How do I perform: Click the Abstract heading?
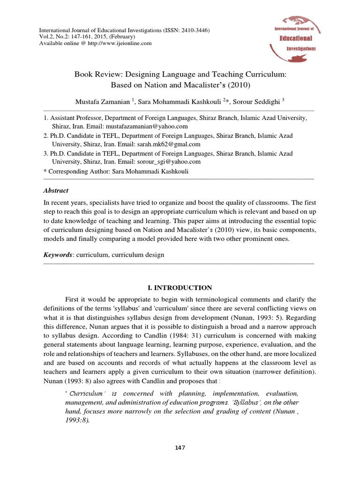pyautogui.click(x=56, y=191)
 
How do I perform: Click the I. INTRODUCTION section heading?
pyautogui.click(x=180, y=288)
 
